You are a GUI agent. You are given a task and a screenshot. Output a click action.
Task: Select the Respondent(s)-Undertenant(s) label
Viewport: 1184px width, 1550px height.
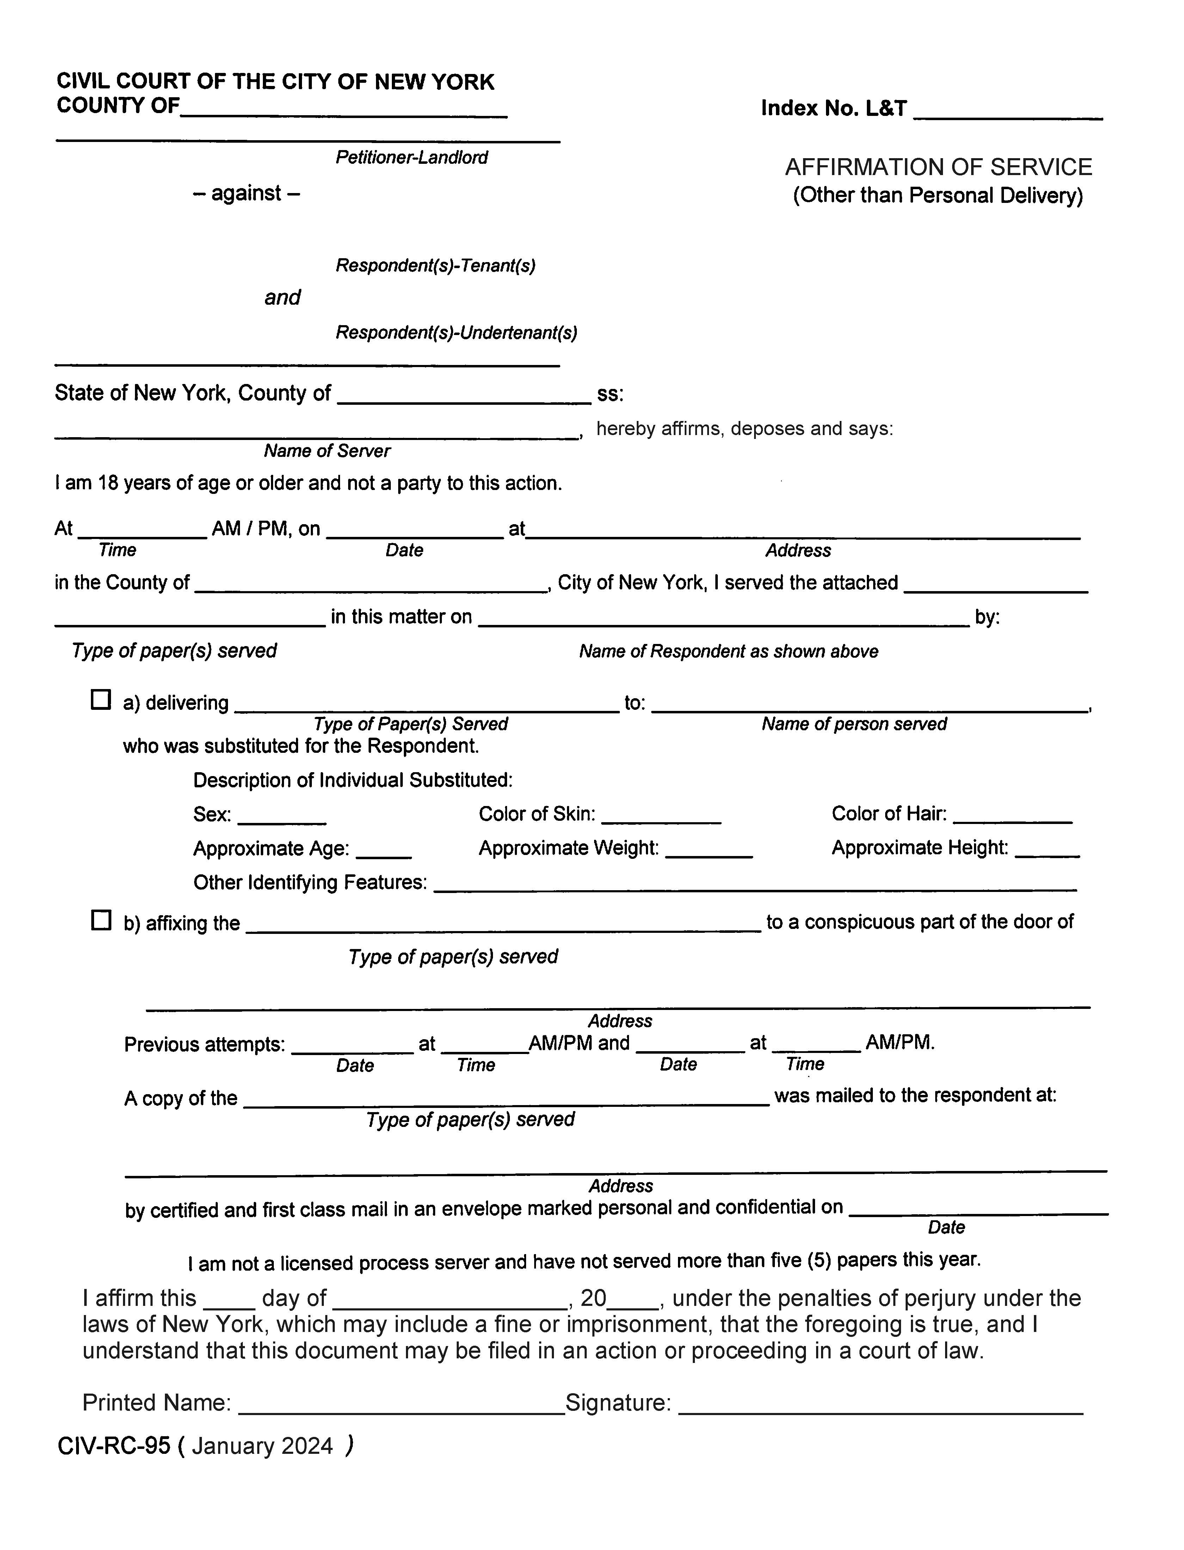tap(456, 333)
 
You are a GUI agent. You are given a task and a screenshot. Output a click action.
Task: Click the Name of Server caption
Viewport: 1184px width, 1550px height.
tap(327, 451)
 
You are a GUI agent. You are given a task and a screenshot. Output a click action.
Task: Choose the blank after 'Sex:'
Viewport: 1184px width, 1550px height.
tap(282, 817)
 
